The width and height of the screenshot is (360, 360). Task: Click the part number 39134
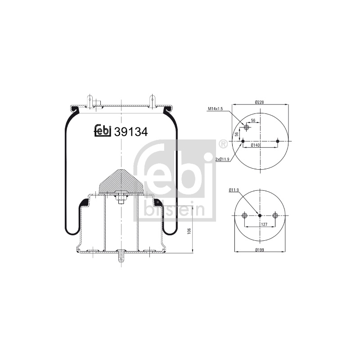click(130, 132)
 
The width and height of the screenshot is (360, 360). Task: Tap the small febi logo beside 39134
click(103, 131)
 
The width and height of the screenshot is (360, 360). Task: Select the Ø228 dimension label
click(260, 102)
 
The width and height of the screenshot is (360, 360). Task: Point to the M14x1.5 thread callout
click(216, 109)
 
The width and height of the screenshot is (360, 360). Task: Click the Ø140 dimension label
click(255, 145)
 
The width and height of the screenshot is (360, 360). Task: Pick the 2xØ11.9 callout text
click(222, 159)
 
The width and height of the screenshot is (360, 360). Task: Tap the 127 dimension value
click(264, 224)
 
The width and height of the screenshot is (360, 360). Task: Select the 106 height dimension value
click(189, 231)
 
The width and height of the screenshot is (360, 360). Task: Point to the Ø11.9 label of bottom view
click(234, 190)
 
